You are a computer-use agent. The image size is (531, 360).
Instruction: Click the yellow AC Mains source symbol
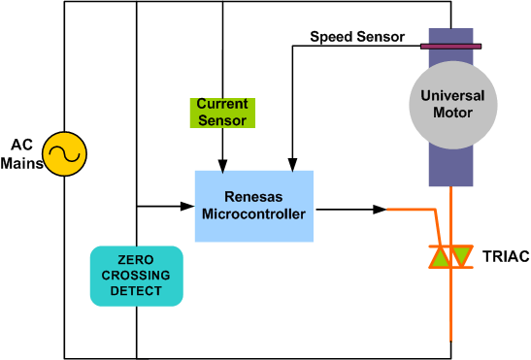pos(67,154)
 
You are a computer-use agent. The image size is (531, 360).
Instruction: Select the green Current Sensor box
pos(222,112)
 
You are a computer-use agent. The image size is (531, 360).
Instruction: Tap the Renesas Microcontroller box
pos(253,206)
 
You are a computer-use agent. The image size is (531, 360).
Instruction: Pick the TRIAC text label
pos(505,257)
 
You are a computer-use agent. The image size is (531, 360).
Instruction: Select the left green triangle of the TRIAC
pos(441,257)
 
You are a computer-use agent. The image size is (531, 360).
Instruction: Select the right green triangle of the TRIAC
pos(462,257)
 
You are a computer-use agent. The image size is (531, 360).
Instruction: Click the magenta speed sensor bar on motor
pos(450,45)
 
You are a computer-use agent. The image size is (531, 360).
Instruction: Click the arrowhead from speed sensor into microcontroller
pos(295,165)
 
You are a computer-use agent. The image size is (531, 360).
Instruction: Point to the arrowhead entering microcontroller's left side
pos(188,206)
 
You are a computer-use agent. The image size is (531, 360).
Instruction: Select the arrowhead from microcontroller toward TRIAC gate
pos(381,208)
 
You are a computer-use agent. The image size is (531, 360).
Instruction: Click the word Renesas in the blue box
pos(253,197)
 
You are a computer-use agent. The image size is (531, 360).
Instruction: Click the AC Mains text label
pos(21,154)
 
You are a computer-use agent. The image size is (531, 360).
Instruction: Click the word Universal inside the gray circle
pos(452,96)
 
